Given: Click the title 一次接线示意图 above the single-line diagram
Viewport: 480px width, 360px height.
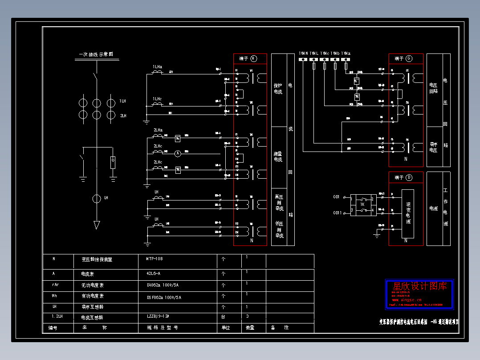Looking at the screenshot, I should (96, 54).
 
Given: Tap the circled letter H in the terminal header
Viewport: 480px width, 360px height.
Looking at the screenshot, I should (253, 58).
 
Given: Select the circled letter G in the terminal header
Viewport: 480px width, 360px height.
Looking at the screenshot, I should (408, 58).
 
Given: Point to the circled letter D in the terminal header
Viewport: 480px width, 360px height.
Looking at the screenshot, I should (408, 178).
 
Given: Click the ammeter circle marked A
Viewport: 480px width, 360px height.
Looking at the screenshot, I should (177, 154).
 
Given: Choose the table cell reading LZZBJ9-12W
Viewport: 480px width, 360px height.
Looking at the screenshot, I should (158, 317).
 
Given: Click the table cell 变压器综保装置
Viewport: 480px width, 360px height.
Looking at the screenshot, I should (97, 259).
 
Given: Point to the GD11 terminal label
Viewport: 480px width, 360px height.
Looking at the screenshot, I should (337, 213).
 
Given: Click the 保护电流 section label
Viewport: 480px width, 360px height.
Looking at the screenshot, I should (278, 88).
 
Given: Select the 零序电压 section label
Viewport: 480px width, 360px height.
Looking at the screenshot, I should (433, 147).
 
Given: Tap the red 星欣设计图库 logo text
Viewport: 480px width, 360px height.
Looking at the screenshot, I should (419, 286).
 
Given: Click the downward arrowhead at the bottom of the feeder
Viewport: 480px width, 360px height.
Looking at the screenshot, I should (97, 225).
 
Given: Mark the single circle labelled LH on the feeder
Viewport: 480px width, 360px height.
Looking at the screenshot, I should (97, 199).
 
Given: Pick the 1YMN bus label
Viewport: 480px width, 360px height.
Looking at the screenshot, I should (303, 53).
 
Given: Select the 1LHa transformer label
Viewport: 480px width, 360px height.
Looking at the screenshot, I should (158, 67).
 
